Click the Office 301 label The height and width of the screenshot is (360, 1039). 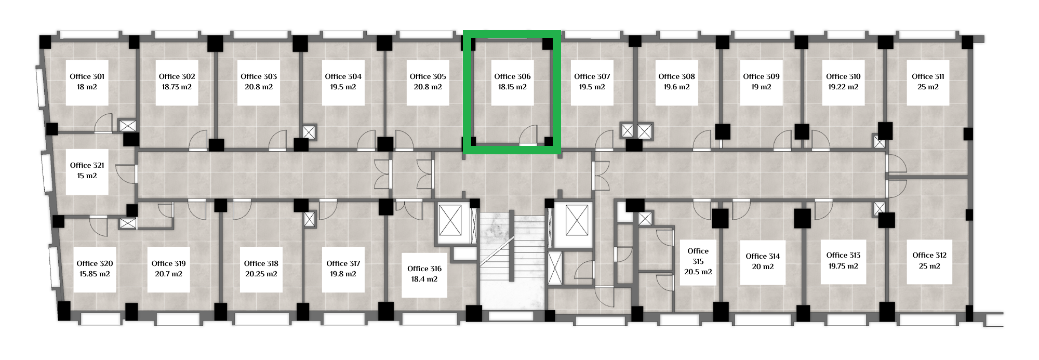87,76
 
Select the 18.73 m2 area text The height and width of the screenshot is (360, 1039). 177,87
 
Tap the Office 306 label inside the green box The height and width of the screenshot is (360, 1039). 512,76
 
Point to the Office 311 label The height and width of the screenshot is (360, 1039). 928,76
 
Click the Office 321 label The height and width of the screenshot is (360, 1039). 87,165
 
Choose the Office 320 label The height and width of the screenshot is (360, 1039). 95,263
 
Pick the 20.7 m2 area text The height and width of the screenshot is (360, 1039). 169,274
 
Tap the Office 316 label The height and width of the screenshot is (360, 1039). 424,269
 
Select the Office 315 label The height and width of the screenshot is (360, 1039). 698,256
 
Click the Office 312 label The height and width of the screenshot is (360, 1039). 929,255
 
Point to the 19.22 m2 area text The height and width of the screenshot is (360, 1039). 843,87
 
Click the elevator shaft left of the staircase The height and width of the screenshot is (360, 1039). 450,220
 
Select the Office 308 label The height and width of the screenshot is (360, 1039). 676,76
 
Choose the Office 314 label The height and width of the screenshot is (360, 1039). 763,256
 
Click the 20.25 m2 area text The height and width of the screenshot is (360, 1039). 261,274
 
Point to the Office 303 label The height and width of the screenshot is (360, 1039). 259,76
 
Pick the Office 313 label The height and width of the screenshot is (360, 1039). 843,255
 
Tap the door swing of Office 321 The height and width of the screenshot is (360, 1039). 126,174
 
